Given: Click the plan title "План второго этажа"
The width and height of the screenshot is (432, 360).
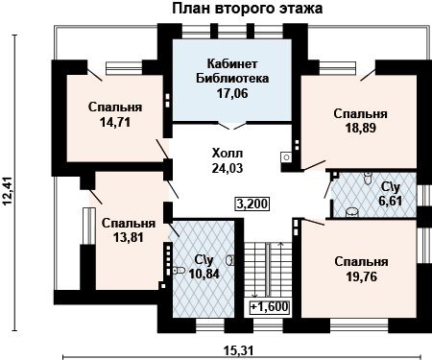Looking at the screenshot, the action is (248, 9).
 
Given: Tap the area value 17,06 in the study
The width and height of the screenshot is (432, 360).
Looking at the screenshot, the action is (232, 93).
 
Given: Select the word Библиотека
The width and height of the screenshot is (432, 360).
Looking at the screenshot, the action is (232, 79).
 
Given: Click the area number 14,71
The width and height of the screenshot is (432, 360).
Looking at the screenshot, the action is (115, 122).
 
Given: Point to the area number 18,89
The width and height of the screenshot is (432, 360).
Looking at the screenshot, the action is (361, 128).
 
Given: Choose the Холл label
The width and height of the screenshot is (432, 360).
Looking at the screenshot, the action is (228, 154).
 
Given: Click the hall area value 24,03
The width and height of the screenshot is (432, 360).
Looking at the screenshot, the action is (228, 168).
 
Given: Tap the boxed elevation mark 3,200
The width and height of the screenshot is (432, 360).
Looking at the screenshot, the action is (252, 204).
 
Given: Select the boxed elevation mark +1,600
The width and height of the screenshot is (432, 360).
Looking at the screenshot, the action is (270, 306).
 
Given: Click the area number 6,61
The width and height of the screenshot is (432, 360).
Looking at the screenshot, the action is (391, 201).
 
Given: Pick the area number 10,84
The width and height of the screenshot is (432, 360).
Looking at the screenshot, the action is (204, 274).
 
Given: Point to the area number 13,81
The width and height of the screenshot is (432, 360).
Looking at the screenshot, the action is (129, 237).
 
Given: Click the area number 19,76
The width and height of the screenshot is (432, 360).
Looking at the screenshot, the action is (362, 276).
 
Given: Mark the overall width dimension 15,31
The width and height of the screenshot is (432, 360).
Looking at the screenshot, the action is (239, 350).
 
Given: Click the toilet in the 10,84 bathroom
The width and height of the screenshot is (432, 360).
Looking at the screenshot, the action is (179, 271).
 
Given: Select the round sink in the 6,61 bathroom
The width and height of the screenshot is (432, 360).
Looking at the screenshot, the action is (351, 212).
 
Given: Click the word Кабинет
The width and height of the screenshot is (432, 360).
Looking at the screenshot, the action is (232, 63).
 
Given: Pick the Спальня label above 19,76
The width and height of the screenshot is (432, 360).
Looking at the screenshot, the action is (362, 262).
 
